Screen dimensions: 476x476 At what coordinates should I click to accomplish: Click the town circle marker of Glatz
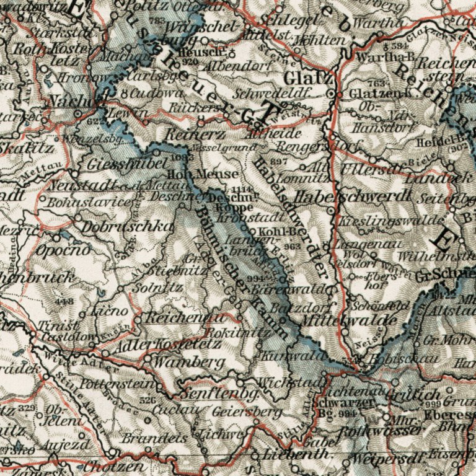[x=332, y=94]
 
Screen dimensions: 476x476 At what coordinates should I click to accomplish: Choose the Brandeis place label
[x=146, y=438]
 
